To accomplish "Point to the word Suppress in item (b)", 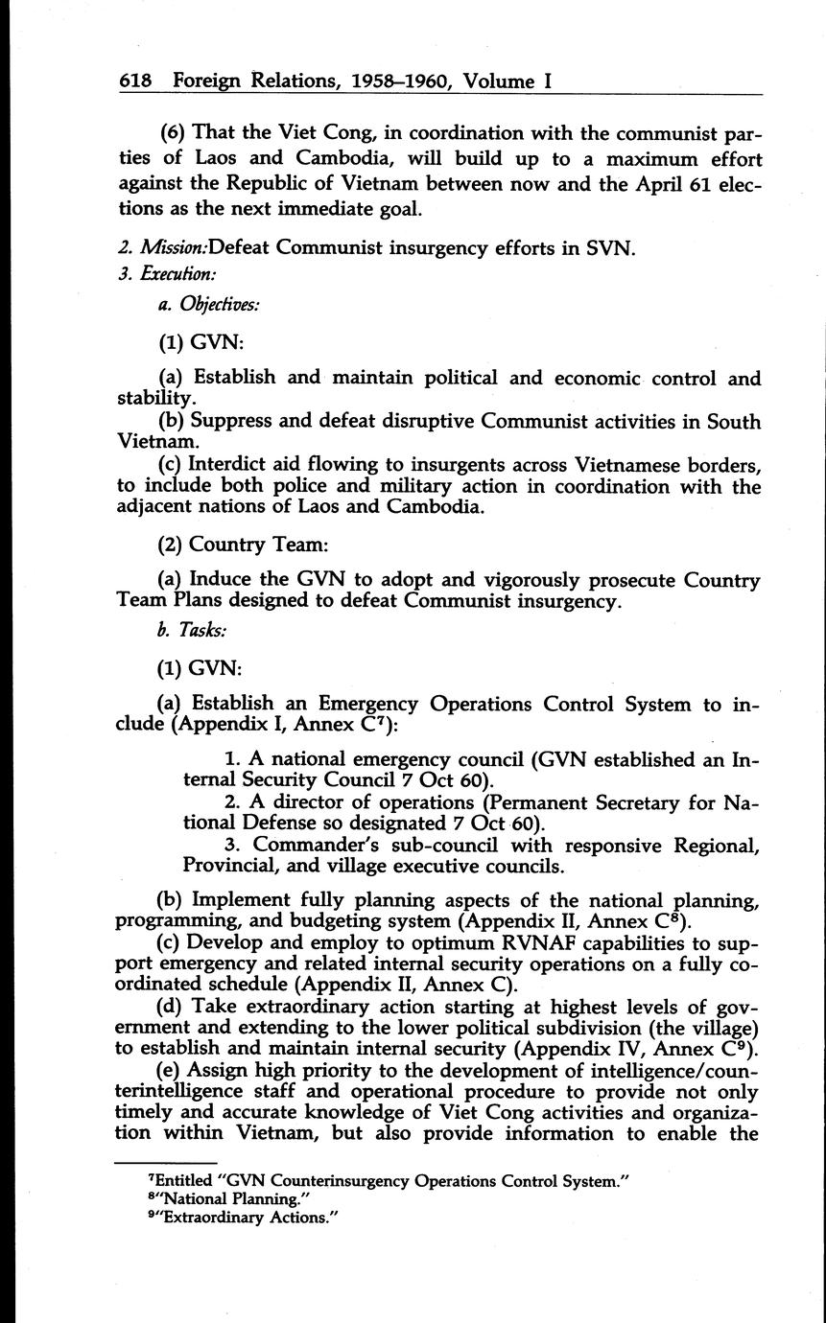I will [x=237, y=422].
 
